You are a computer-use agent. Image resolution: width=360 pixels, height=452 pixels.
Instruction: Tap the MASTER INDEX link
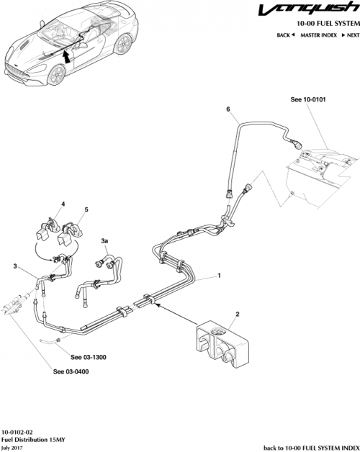click(318, 35)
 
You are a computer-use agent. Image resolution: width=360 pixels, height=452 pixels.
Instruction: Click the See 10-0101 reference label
click(307, 101)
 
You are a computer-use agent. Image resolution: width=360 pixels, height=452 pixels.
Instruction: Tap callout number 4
click(63, 204)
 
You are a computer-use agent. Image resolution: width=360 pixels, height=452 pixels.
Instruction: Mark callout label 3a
click(106, 240)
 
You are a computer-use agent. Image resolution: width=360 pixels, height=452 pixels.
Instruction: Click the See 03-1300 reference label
click(89, 356)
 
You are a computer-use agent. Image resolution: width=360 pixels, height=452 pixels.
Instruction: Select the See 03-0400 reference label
click(71, 372)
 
